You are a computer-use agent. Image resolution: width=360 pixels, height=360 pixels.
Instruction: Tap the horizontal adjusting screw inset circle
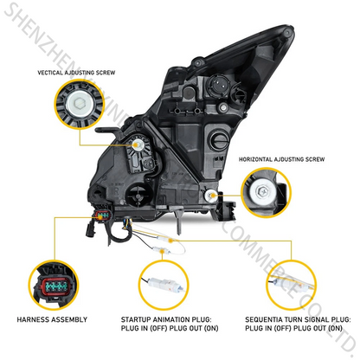point(267,192)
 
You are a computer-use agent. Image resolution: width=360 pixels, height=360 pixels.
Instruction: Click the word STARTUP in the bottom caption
point(142,319)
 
